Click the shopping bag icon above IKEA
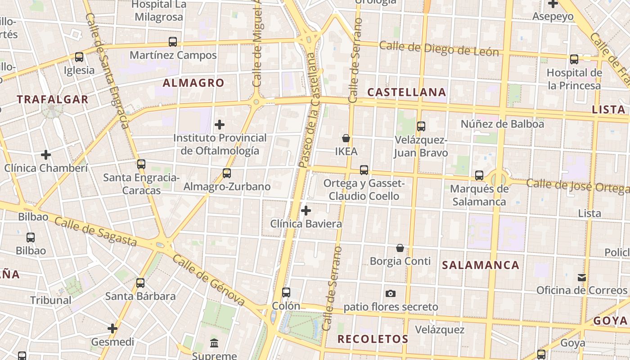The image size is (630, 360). [x=346, y=138]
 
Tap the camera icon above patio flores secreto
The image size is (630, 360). [x=391, y=293]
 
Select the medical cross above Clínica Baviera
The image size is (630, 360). [x=306, y=210]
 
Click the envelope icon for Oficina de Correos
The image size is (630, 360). [x=582, y=277]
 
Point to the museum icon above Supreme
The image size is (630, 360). [x=214, y=343]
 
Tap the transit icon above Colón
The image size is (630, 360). [x=286, y=292]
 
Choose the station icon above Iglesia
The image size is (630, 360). [x=79, y=57]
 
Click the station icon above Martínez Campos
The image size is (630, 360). [x=173, y=42]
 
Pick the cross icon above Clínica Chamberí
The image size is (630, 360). [x=46, y=155]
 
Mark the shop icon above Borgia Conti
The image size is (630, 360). [x=400, y=248]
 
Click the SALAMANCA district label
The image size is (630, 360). [x=481, y=265]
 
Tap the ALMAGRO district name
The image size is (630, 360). [x=193, y=83]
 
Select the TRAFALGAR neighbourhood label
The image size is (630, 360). [x=53, y=99]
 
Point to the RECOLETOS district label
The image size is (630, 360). [x=373, y=339]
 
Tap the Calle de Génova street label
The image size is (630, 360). [x=209, y=280]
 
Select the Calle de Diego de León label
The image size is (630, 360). [x=439, y=49]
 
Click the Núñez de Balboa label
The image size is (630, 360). [x=502, y=124]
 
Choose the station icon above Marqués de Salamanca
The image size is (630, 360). [x=479, y=175]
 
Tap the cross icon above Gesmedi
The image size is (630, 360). [x=112, y=329]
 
